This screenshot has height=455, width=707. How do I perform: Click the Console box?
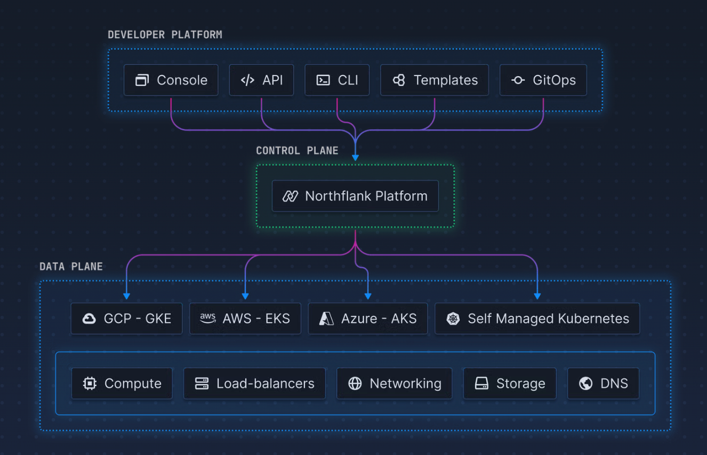pos(171,80)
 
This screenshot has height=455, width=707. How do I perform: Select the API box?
pos(261,80)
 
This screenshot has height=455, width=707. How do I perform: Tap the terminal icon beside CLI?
pos(323,80)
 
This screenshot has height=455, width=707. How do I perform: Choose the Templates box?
pos(435,80)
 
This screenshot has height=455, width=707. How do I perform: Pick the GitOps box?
pos(543,80)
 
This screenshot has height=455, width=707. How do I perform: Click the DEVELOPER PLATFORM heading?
pos(165,35)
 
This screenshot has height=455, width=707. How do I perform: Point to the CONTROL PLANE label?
pos(297,151)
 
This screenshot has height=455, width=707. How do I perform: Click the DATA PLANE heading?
pos(71,267)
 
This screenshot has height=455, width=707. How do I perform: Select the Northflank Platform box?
pos(355,196)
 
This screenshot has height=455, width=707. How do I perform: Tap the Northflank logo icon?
pos(290,196)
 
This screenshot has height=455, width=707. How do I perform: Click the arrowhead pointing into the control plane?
pos(356,158)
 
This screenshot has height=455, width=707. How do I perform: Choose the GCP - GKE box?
pos(126,319)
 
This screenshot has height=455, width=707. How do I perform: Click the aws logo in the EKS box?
pos(208,318)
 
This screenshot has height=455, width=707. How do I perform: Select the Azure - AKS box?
pos(368,319)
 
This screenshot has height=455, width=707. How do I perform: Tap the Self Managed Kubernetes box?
pos(537,319)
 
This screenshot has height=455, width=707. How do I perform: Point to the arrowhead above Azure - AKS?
pos(368,296)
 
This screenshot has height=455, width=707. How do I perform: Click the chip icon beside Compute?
pos(90,384)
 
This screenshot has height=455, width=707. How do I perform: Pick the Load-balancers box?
pos(254,384)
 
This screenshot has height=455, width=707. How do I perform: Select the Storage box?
pos(510,384)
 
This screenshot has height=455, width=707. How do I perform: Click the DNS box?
pos(603,384)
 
